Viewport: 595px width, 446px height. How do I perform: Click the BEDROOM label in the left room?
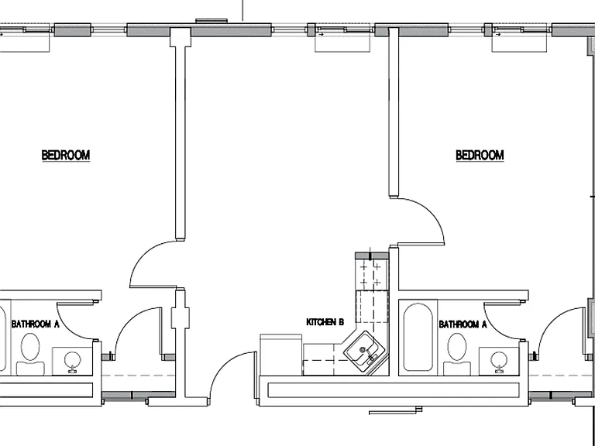pyautogui.click(x=66, y=155)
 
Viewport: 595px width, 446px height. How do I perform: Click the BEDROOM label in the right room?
pyautogui.click(x=480, y=155)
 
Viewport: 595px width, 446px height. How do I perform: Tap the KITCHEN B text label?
pyautogui.click(x=325, y=322)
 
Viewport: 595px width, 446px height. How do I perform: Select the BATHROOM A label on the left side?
pyautogui.click(x=36, y=324)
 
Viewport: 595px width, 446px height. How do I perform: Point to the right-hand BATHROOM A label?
pyautogui.click(x=463, y=324)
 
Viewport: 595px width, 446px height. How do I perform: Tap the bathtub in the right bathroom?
pyautogui.click(x=418, y=337)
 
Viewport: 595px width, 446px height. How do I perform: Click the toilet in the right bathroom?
pyautogui.click(x=457, y=353)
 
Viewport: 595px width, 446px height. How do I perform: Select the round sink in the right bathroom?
pyautogui.click(x=498, y=361)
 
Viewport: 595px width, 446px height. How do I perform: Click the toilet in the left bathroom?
pyautogui.click(x=30, y=353)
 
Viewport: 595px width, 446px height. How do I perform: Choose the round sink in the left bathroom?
pyautogui.click(x=72, y=361)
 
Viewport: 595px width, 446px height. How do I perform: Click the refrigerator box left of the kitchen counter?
pyautogui.click(x=280, y=355)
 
